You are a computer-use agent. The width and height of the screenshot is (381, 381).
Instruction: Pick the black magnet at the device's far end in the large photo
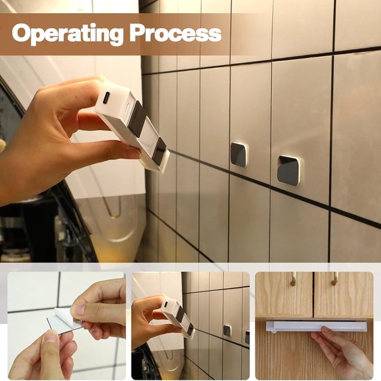point(159,152)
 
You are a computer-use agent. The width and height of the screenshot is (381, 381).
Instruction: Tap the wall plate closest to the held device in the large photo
point(240,155)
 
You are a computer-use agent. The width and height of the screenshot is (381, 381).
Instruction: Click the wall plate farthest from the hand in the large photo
point(290,170)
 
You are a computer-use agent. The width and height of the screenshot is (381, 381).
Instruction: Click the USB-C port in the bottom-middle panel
point(166,304)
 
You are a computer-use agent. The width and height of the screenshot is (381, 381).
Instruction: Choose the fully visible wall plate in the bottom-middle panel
point(227,330)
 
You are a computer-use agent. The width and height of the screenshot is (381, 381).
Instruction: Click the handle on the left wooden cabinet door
point(294,279)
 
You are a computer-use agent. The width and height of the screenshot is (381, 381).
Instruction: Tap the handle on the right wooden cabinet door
point(335,278)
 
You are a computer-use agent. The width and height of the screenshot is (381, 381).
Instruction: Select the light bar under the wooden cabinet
point(317,326)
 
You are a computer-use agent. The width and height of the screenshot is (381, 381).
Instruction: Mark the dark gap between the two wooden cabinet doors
point(313,294)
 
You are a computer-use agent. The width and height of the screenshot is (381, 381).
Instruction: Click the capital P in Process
point(136,33)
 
